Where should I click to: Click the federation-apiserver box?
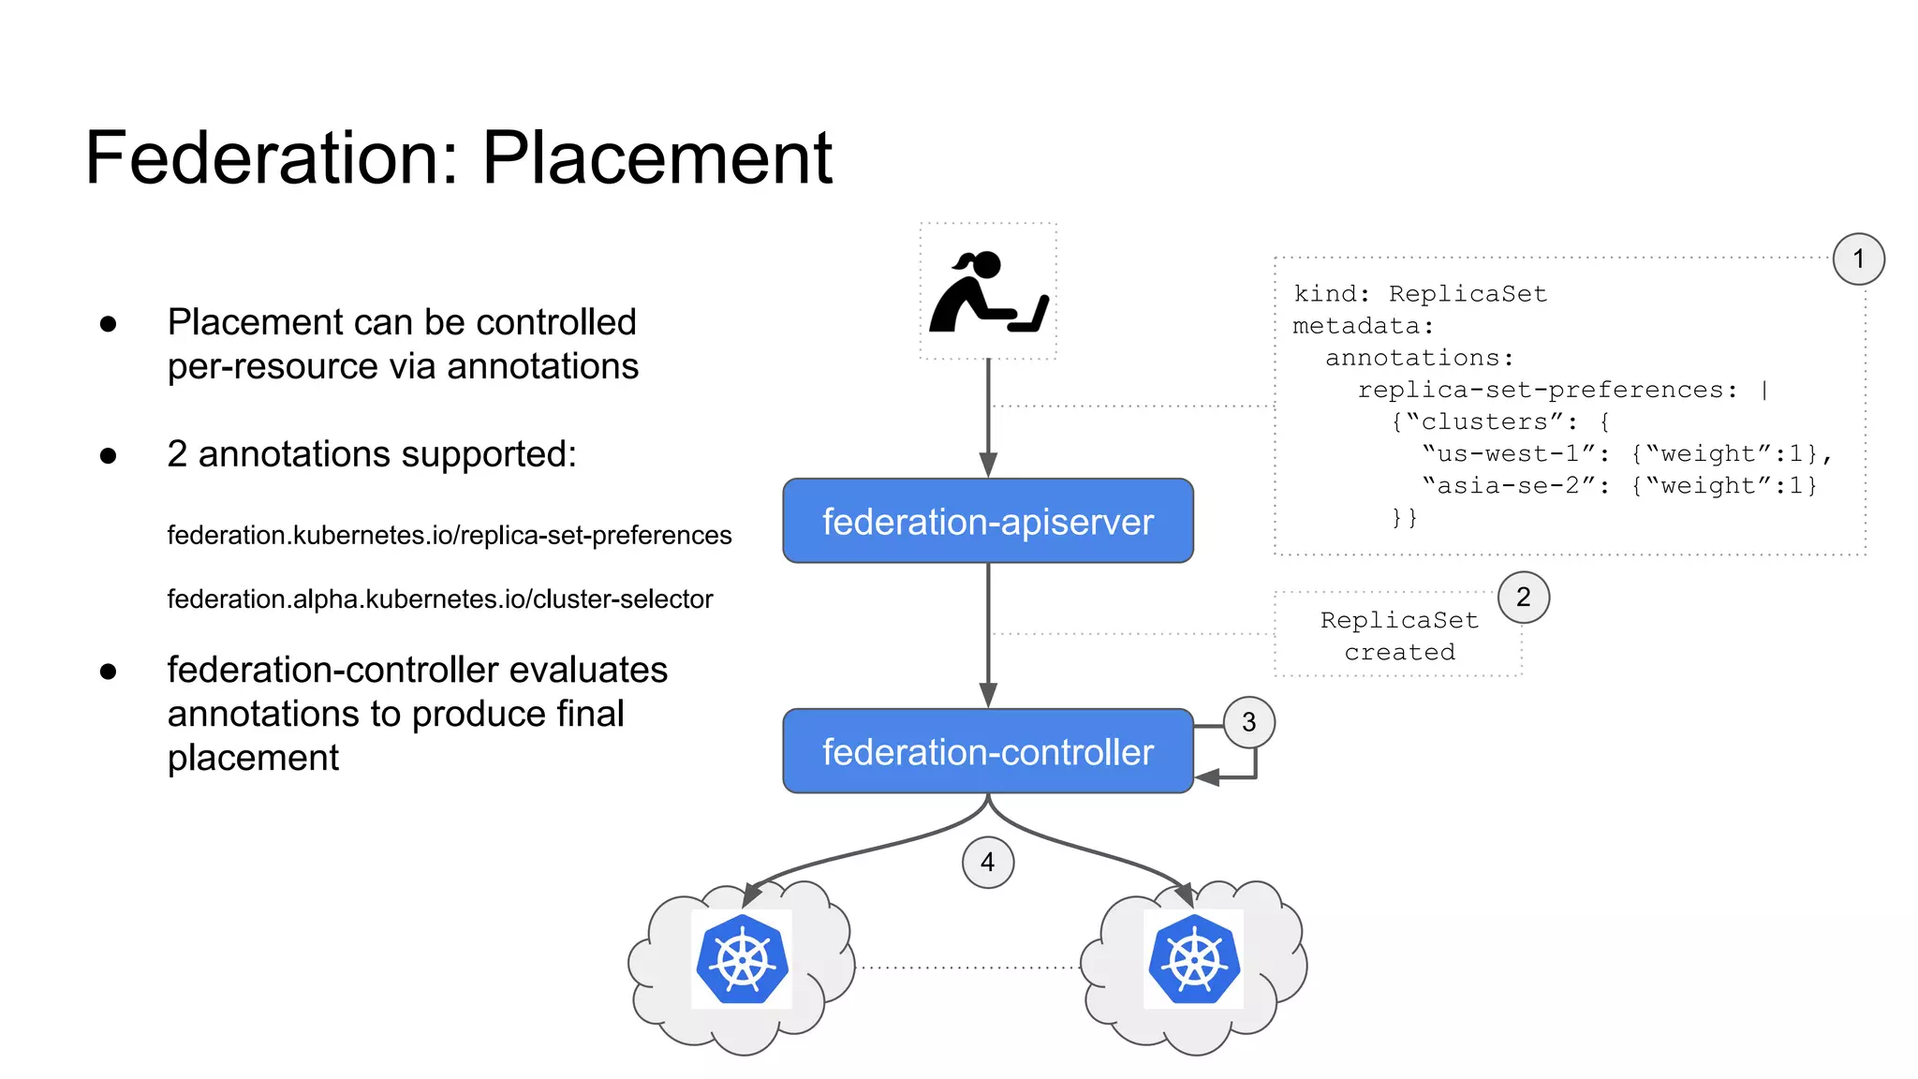[x=987, y=521]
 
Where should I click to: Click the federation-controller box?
[x=987, y=751]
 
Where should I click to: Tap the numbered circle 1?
[x=1858, y=259]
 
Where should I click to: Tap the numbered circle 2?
[x=1523, y=598]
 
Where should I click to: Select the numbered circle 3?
[x=1248, y=722]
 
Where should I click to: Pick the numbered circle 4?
[x=987, y=863]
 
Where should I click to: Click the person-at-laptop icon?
[x=988, y=292]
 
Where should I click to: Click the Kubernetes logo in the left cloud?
[x=742, y=960]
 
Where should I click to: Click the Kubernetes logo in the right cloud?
[x=1194, y=960]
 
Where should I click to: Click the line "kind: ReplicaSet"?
[x=1420, y=294]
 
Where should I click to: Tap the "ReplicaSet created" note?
[x=1399, y=636]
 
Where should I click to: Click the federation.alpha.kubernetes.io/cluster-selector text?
[x=440, y=599]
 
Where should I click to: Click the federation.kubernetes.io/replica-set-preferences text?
[x=450, y=536]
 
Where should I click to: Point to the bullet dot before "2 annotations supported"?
[x=109, y=456]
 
